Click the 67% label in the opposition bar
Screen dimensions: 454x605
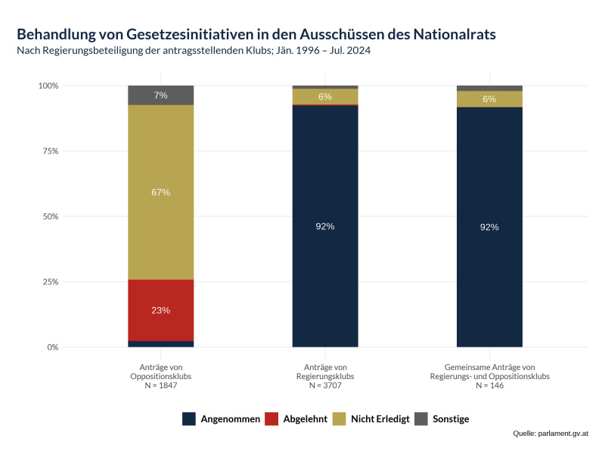click(x=160, y=192)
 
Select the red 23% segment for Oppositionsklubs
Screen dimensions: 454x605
click(x=160, y=310)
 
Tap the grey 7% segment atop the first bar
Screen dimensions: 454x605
click(x=160, y=95)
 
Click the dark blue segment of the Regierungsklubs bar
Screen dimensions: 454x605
click(x=325, y=226)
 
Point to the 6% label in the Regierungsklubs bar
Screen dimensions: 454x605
click(x=325, y=97)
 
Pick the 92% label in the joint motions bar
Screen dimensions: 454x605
click(x=489, y=227)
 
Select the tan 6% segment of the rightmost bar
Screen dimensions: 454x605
click(x=489, y=99)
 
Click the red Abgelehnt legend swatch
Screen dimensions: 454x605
click(x=271, y=419)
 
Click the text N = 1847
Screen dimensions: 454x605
click(x=160, y=385)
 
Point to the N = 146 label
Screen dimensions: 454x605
click(x=489, y=385)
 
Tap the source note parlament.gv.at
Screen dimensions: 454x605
click(x=563, y=434)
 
